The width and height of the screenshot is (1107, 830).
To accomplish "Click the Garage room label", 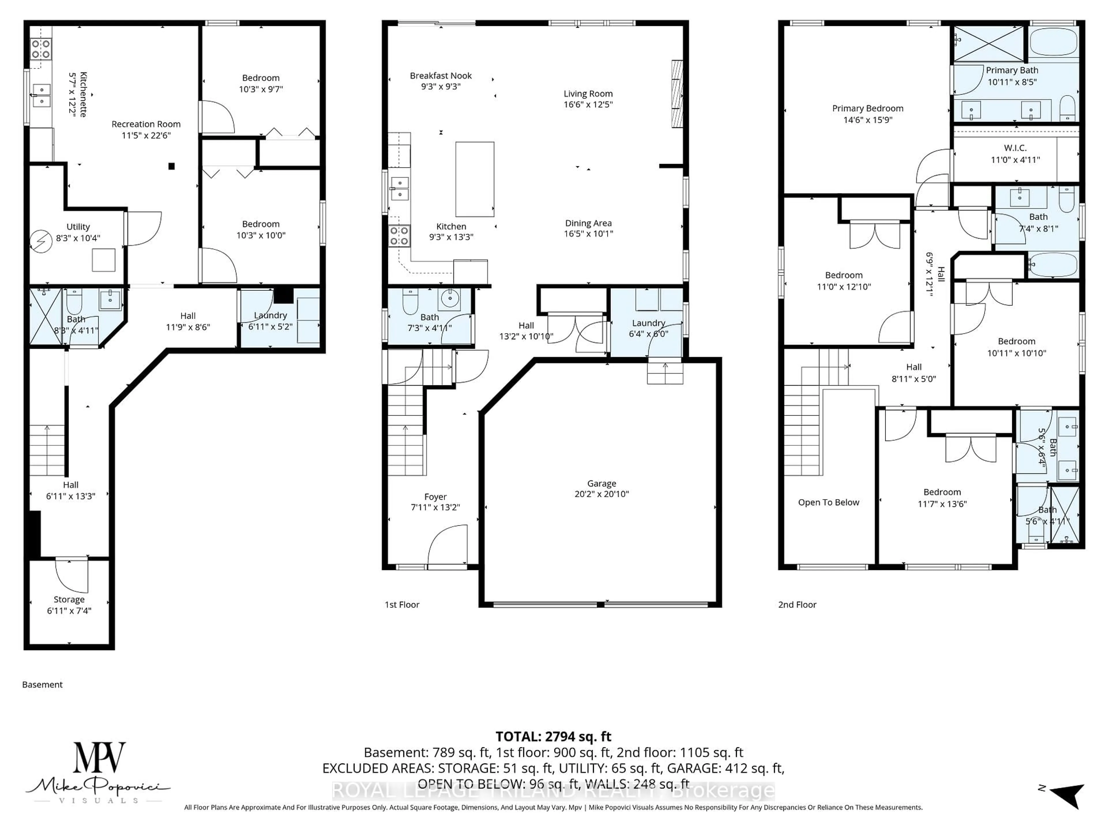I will [602, 483].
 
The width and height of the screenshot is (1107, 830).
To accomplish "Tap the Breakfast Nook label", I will [440, 76].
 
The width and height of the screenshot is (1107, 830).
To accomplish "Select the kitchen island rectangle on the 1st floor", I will [475, 179].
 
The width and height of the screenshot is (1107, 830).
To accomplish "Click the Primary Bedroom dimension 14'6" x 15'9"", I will [868, 120].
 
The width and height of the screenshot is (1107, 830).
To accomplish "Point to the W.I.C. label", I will [1015, 148].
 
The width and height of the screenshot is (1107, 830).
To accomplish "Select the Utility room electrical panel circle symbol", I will [41, 242].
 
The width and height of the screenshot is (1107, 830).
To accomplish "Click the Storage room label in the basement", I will [69, 599].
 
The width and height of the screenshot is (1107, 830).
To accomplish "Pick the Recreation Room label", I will [146, 124].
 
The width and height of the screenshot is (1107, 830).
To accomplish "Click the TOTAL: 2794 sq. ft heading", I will [553, 736].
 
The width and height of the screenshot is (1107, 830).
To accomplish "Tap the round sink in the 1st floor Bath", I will [449, 299].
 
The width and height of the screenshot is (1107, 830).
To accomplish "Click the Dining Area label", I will [588, 223].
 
